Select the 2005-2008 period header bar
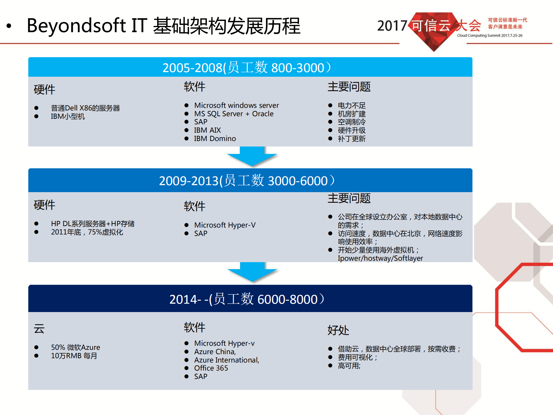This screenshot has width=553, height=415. tap(250, 67)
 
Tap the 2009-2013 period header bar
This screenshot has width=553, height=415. tap(250, 181)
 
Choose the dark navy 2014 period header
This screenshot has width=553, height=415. tap(250, 299)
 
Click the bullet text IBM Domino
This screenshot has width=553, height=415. tap(215, 139)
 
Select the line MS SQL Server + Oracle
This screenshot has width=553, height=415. tap(234, 114)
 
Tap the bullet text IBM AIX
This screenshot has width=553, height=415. tap(207, 130)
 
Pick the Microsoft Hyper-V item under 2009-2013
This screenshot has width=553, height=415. tap(225, 225)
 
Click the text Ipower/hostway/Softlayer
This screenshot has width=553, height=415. tap(380, 258)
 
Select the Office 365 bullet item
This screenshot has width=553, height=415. tap(211, 368)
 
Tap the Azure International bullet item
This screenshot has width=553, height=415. tap(227, 360)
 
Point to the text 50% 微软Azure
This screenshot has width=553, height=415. tap(76, 348)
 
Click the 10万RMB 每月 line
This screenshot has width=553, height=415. tap(74, 356)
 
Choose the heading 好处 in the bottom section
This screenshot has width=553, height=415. tap(338, 330)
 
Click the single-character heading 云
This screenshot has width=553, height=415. tap(39, 329)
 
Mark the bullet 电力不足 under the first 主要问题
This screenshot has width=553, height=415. tap(351, 106)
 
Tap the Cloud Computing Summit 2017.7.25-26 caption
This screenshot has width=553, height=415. tap(489, 35)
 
